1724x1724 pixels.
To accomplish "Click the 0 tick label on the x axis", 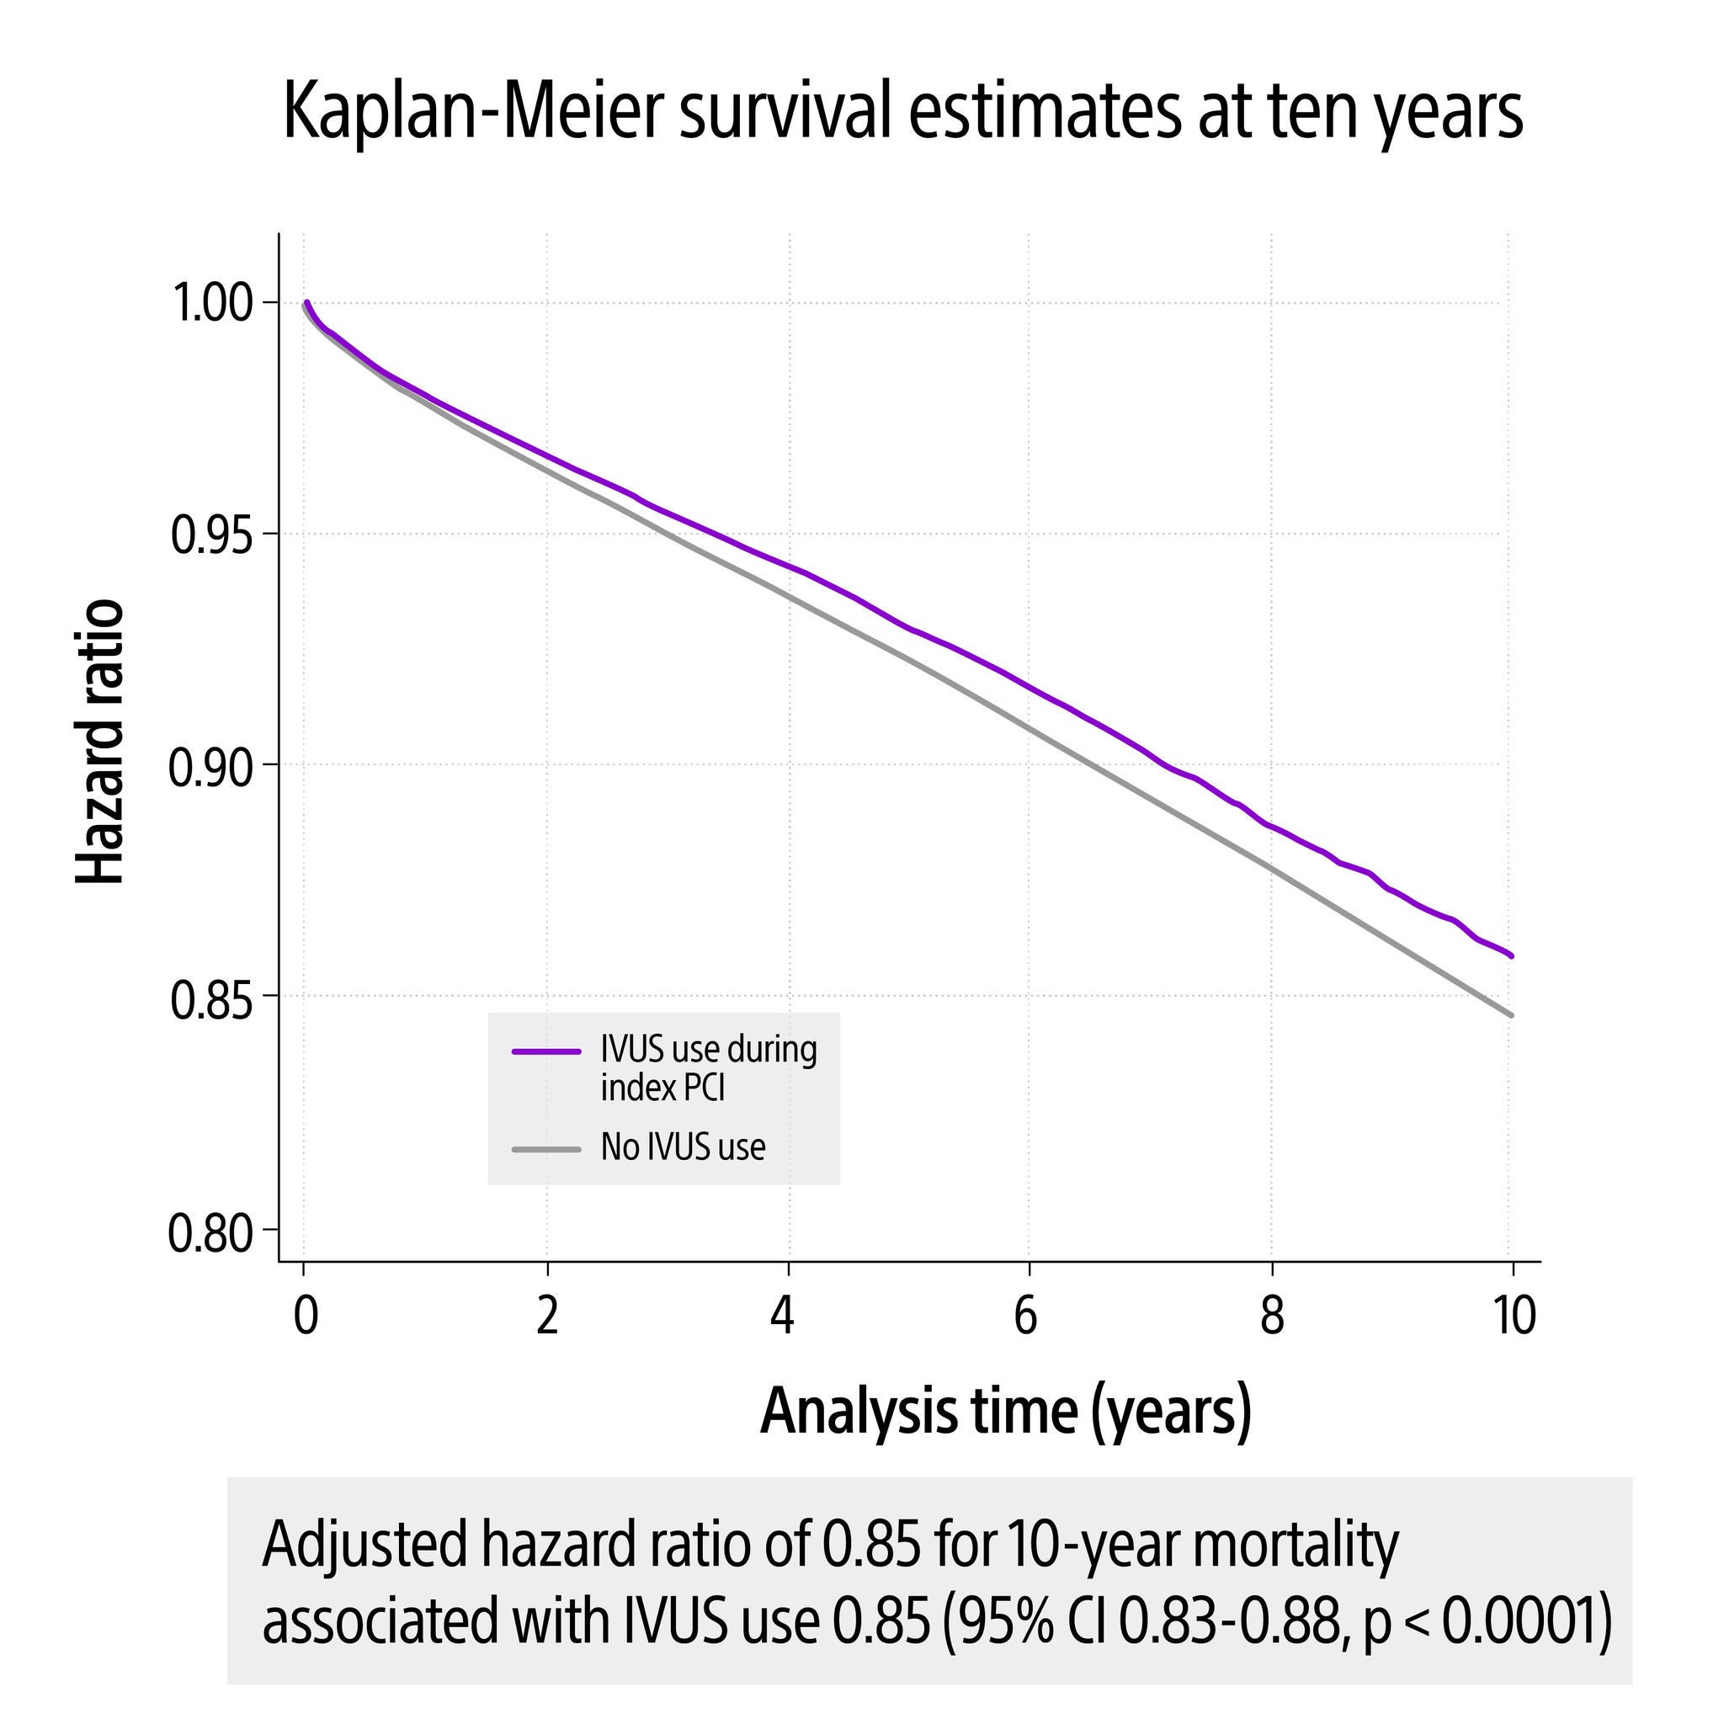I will tap(306, 1316).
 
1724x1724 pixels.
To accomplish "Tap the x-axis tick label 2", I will tap(547, 1316).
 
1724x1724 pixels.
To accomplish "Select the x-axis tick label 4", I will tap(783, 1316).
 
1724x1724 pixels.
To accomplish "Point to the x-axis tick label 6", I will tap(1026, 1316).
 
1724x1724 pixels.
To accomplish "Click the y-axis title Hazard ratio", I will tap(99, 742).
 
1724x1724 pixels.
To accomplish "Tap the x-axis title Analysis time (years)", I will tap(1006, 1411).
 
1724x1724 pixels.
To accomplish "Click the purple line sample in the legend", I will tap(546, 1051).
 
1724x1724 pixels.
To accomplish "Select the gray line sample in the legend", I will tap(546, 1149).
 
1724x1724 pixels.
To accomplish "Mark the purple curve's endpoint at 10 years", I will tap(1512, 955).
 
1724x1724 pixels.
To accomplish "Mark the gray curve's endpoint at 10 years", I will tap(1512, 1014).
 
